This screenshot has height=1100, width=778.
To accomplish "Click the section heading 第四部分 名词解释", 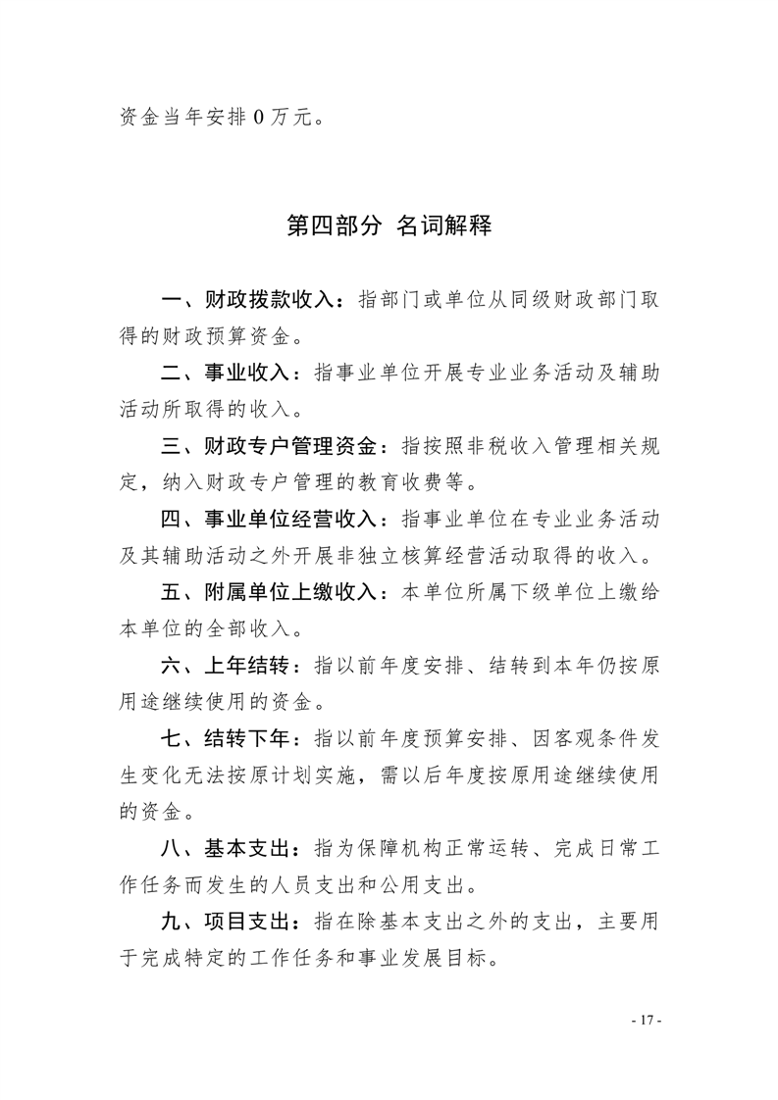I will click(x=389, y=226).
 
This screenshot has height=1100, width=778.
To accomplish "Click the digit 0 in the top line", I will click(x=258, y=118).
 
